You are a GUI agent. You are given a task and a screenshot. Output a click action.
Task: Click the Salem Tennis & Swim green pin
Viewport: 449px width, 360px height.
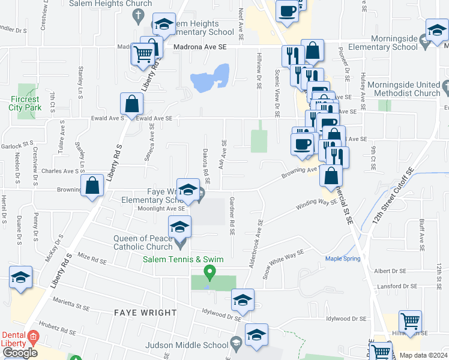tap(209, 273)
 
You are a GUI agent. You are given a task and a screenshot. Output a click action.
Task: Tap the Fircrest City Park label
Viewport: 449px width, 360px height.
tap(24, 103)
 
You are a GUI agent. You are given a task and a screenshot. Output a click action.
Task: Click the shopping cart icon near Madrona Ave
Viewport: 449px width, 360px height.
tap(143, 55)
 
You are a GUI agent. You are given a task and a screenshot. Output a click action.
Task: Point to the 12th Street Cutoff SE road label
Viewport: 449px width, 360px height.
tap(393, 196)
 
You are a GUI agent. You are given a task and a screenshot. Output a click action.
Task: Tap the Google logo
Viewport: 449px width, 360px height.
tap(19, 353)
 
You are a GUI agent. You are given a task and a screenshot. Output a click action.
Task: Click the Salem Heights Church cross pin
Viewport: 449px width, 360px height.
tap(139, 15)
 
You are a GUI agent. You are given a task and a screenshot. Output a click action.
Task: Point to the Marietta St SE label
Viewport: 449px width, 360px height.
tap(71, 307)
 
